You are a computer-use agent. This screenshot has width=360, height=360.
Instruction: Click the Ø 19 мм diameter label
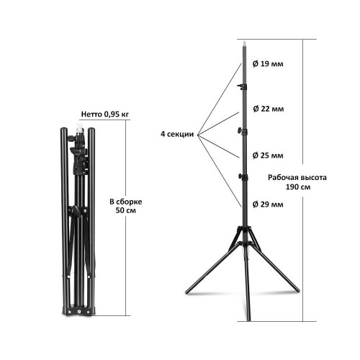click(x=268, y=64)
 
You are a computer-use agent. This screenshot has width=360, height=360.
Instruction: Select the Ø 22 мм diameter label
click(x=269, y=109)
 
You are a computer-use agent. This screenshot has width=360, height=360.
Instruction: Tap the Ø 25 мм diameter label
click(x=268, y=156)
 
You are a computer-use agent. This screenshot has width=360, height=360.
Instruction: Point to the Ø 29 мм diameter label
click(x=268, y=204)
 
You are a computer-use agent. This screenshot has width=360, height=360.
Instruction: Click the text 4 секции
click(x=177, y=134)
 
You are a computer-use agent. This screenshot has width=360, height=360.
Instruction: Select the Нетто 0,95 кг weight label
click(x=105, y=114)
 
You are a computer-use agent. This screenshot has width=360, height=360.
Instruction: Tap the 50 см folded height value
click(x=126, y=210)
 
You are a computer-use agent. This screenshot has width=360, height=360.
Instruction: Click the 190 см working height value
click(x=298, y=186)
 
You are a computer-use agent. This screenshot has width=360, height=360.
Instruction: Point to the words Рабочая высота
click(x=297, y=178)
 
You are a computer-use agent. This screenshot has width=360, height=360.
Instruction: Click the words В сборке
click(x=126, y=202)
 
